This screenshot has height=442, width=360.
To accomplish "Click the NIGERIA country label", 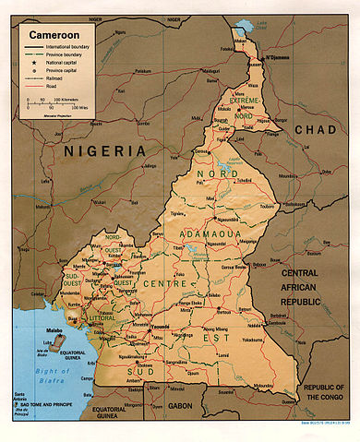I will coord(103,149).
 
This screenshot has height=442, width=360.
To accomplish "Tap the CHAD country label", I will coord(316,129).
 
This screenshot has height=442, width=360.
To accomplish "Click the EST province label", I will coord(237,340).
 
